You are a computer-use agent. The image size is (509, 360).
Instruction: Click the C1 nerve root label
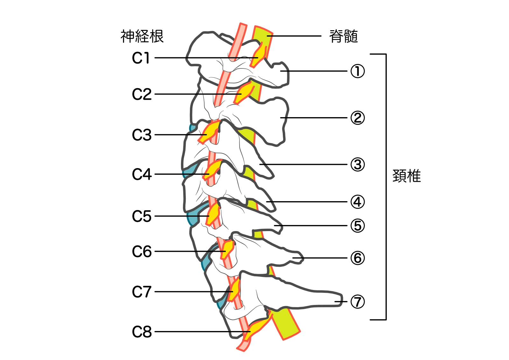click(141, 58)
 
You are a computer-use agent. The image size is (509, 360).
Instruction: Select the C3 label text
click(142, 135)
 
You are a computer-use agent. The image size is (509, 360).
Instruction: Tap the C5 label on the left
click(142, 216)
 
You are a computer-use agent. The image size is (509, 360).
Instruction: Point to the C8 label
click(142, 332)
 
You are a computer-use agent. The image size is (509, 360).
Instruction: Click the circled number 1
click(358, 71)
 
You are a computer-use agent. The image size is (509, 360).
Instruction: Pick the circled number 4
click(358, 202)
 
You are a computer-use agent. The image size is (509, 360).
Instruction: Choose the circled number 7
click(358, 301)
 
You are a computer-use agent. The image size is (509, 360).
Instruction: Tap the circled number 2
click(358, 118)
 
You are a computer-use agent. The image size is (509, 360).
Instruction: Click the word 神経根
click(142, 36)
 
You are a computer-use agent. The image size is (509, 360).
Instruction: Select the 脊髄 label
click(344, 36)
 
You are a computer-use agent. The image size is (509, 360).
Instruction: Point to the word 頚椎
click(407, 176)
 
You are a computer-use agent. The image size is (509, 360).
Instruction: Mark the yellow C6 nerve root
click(227, 250)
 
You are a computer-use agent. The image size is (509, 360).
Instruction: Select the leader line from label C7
click(194, 292)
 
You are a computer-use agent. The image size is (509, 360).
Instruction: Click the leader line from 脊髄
click(294, 36)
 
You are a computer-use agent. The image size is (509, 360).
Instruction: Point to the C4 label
click(142, 174)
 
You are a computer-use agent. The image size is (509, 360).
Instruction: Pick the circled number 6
click(358, 258)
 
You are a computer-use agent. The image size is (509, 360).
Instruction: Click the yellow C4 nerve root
click(213, 171)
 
